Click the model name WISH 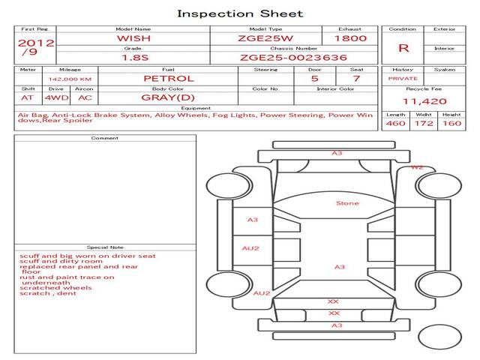tap(133, 38)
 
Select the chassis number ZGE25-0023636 tap(293, 58)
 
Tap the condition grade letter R tap(403, 48)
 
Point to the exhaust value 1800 tap(350, 38)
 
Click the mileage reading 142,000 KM tap(70, 79)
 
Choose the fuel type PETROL tap(169, 78)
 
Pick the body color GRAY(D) tap(168, 97)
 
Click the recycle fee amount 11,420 tap(424, 101)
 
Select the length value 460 tap(396, 123)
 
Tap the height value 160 tap(451, 123)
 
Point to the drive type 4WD tap(57, 97)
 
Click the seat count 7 tap(356, 78)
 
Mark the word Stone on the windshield tap(347, 203)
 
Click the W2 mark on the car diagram tap(417, 167)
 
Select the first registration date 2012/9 tap(36, 47)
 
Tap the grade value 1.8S tap(135, 58)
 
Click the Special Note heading tap(105, 247)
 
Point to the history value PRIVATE tap(403, 79)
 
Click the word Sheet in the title tap(282, 13)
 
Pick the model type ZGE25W tap(265, 38)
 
